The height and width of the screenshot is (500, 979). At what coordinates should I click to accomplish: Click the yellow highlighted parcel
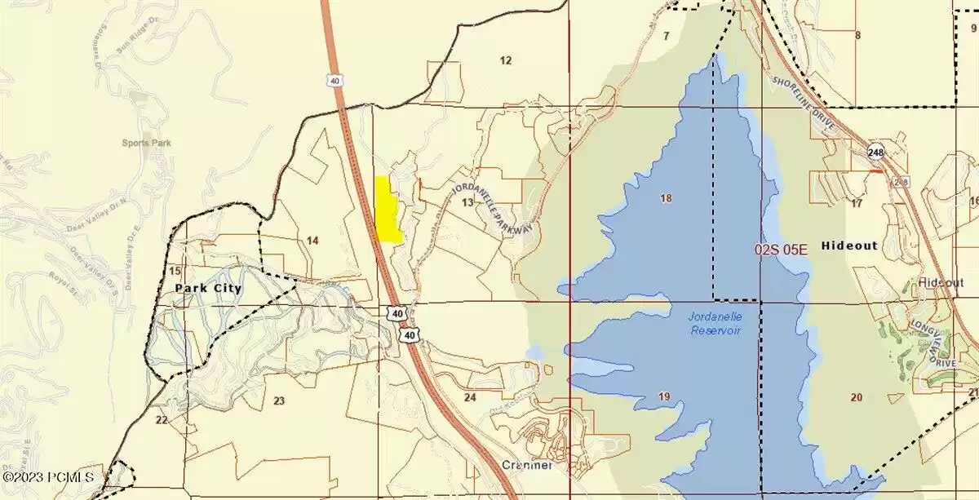pyautogui.click(x=387, y=210)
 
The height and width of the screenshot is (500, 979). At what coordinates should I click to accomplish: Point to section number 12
pyautogui.click(x=506, y=60)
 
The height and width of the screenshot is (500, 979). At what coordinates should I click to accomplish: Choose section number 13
pyautogui.click(x=467, y=202)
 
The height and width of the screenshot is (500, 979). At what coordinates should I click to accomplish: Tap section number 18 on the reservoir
pyautogui.click(x=666, y=198)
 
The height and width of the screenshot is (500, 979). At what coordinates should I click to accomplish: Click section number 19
pyautogui.click(x=664, y=397)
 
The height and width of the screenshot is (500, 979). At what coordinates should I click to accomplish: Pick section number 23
pyautogui.click(x=279, y=400)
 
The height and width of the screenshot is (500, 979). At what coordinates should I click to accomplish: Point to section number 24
pyautogui.click(x=470, y=397)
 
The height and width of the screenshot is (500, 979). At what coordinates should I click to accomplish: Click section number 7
pyautogui.click(x=666, y=36)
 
